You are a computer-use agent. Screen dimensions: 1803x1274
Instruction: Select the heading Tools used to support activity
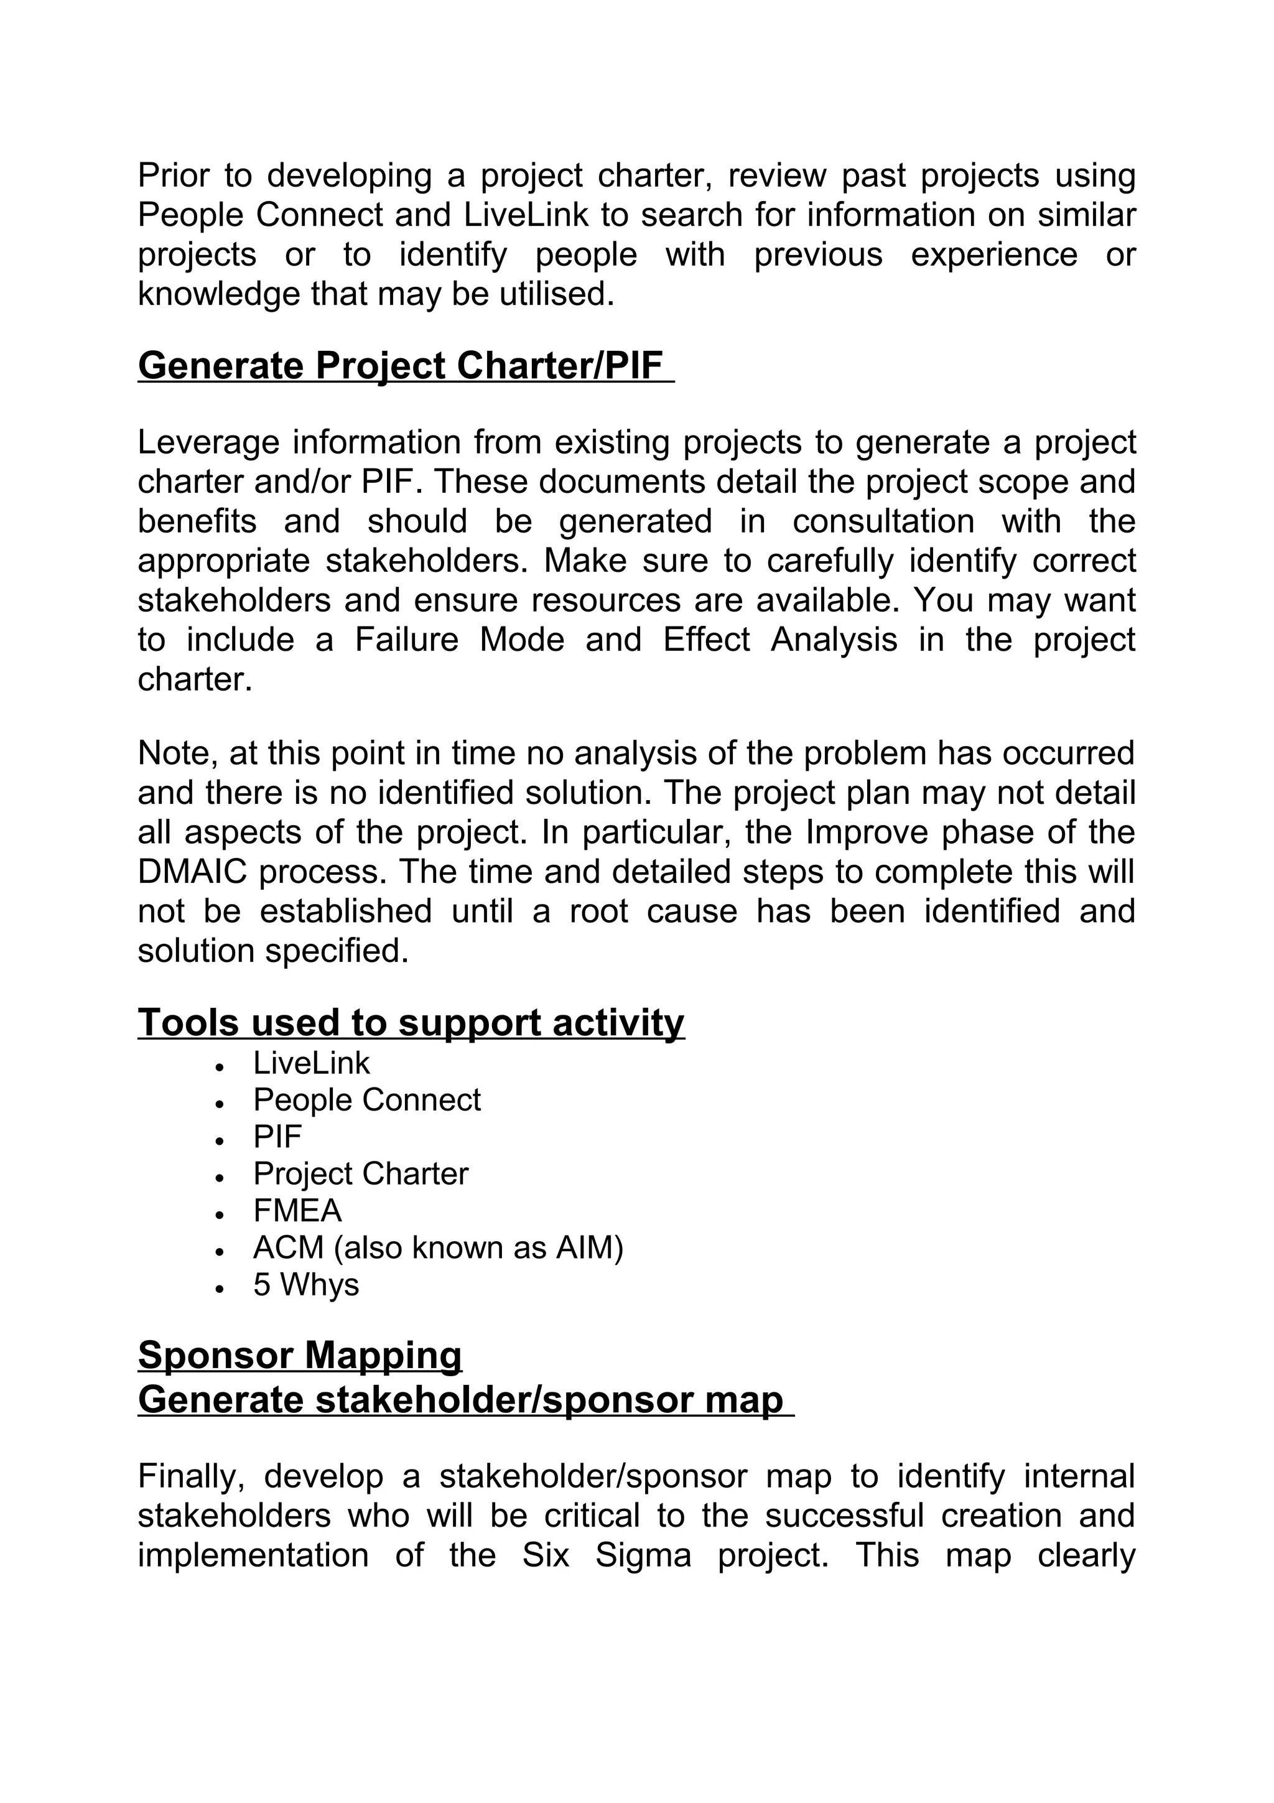411,1022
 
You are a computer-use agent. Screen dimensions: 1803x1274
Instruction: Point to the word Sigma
642,1555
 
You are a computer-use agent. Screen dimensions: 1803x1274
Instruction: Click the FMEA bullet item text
297,1211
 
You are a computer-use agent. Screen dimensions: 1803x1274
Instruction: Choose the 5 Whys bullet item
305,1285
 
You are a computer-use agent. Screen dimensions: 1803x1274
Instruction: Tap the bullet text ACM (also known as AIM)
437,1248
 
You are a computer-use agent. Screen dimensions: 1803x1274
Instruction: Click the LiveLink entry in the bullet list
311,1063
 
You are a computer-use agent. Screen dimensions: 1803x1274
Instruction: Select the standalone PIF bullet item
277,1137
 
